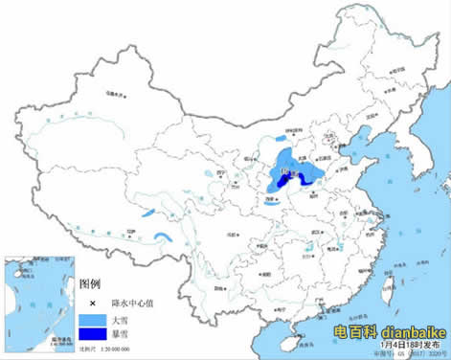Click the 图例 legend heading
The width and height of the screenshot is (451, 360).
tap(89, 284)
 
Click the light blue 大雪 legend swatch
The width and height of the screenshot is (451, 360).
tap(91, 319)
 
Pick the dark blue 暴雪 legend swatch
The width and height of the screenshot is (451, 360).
tap(91, 334)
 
